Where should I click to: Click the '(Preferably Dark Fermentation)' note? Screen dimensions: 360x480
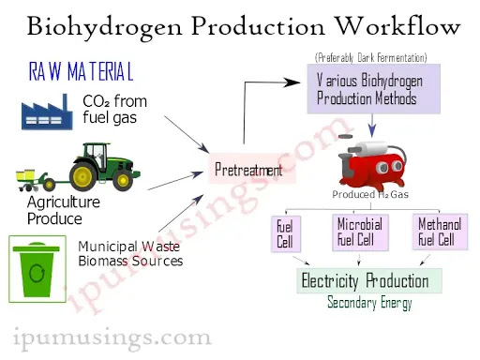click(x=370, y=57)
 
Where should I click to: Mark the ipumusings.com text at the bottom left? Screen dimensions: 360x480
click(x=112, y=336)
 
